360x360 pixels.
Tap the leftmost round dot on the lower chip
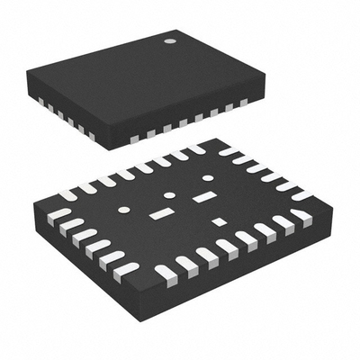click(124, 210)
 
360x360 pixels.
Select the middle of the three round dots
click(168, 195)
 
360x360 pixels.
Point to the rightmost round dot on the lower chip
click(208, 178)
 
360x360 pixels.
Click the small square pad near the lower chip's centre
click(219, 221)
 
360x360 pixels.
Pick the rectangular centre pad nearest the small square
click(206, 196)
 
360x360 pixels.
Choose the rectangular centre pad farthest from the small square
click(162, 215)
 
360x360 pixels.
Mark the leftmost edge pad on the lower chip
click(57, 216)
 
